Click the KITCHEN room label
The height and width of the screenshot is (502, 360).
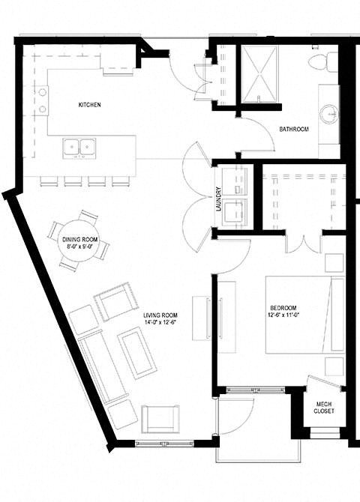click(x=89, y=105)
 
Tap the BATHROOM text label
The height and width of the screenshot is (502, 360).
click(x=294, y=130)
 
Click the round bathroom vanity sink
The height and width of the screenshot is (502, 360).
click(x=328, y=114)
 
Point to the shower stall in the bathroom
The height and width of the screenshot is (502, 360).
click(x=258, y=74)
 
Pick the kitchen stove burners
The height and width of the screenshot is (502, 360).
click(x=42, y=100)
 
